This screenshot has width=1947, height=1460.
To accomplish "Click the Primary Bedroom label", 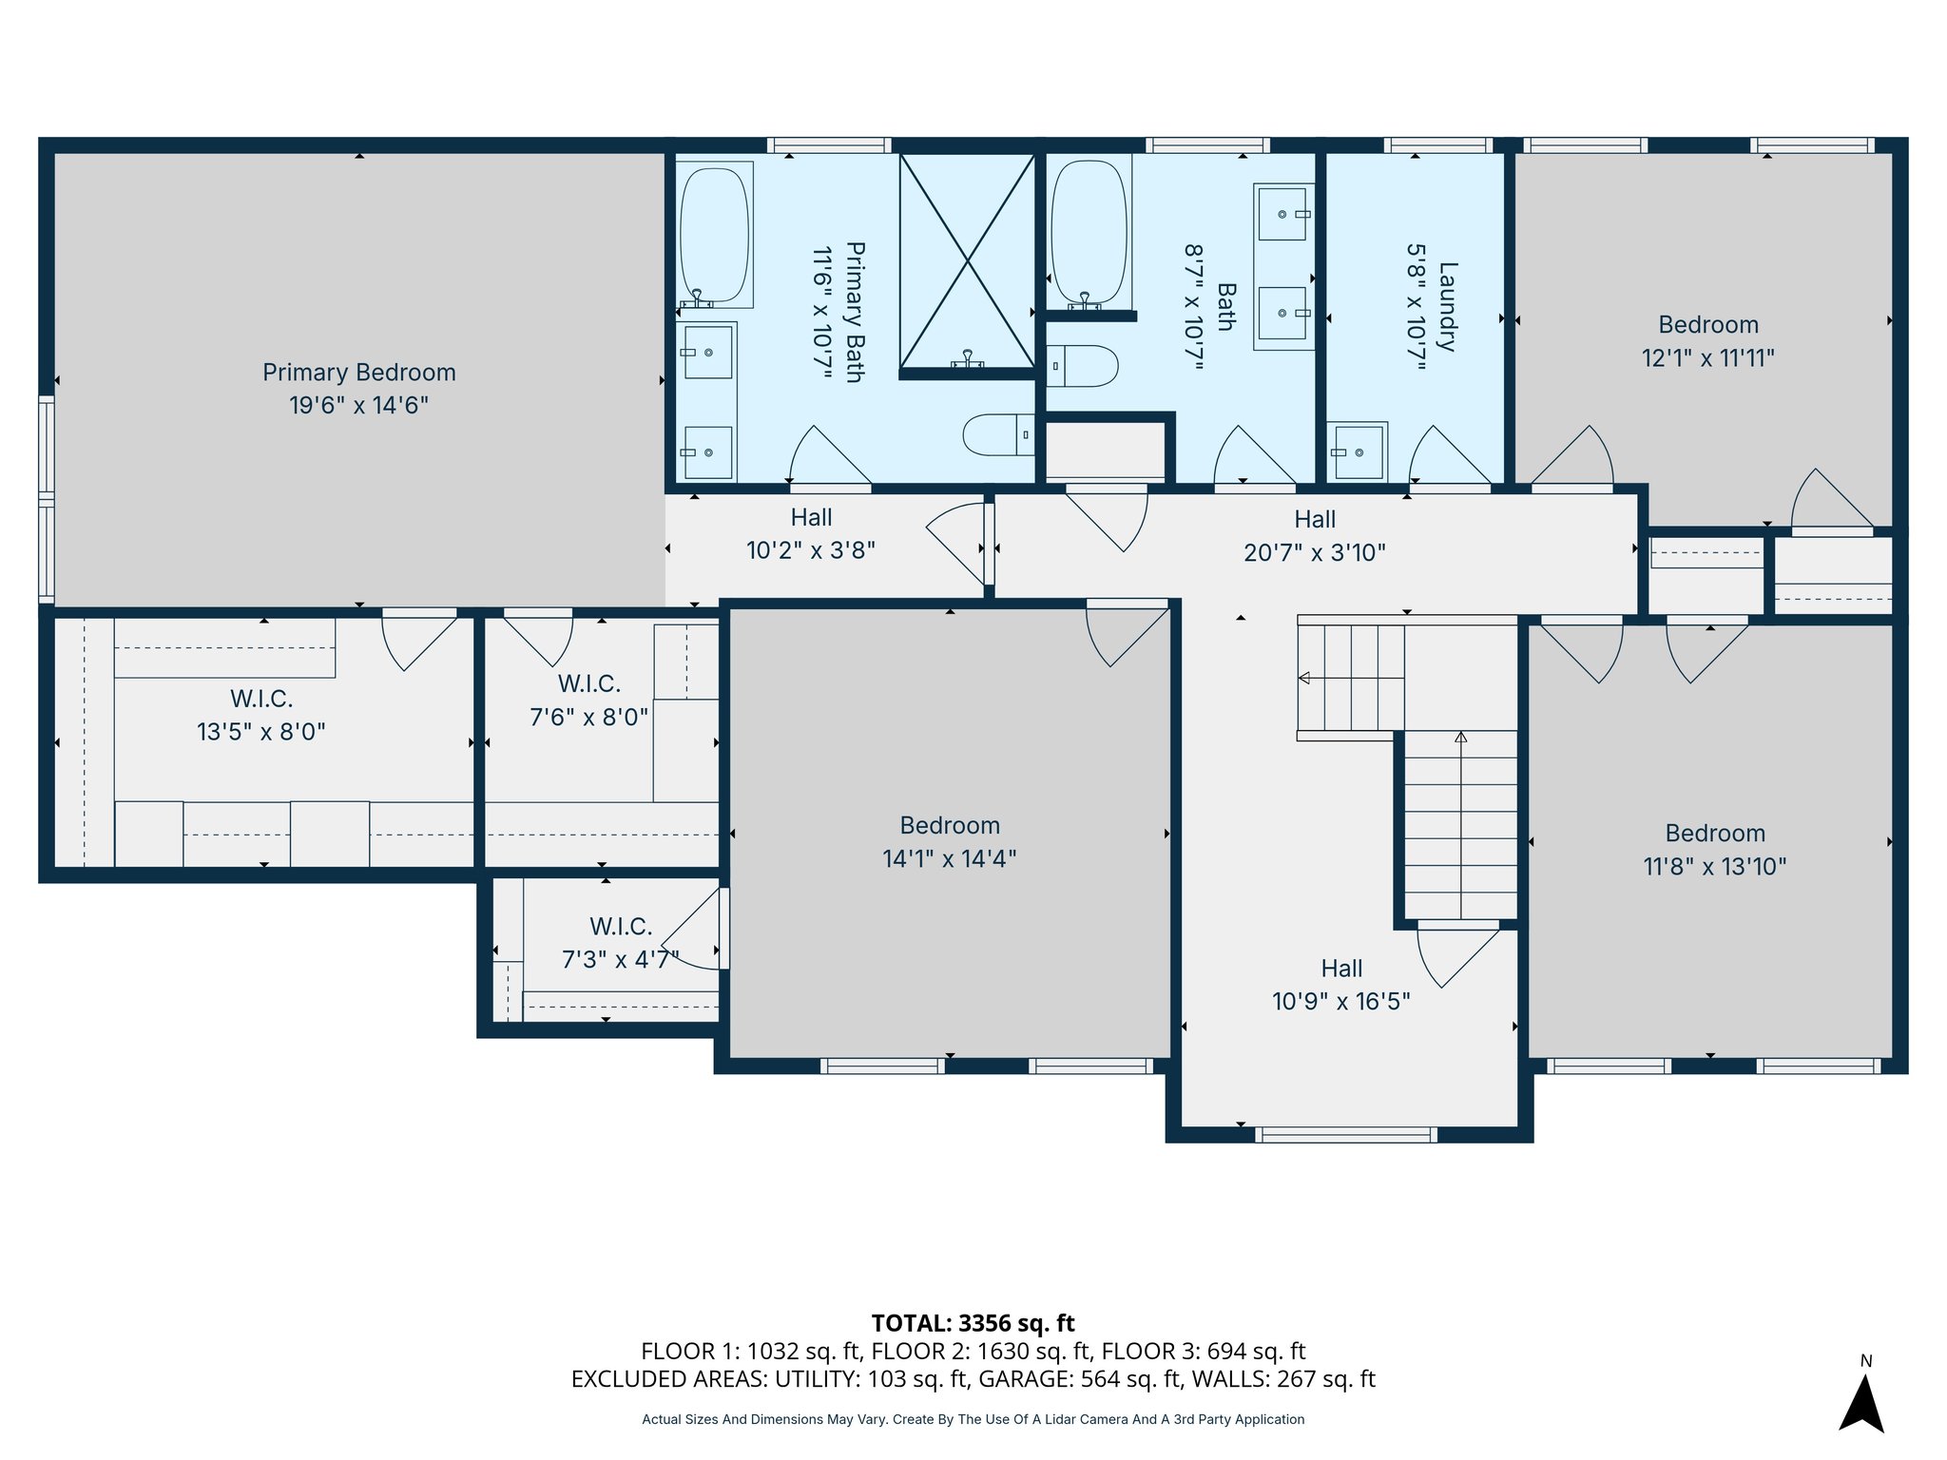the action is click(x=359, y=373).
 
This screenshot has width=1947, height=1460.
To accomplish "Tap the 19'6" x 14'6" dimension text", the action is click(x=359, y=406).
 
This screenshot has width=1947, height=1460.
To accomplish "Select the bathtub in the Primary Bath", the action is click(x=715, y=236).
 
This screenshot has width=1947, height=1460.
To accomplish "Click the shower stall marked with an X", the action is click(x=967, y=260).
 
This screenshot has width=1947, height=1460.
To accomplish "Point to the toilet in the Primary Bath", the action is click(x=998, y=434).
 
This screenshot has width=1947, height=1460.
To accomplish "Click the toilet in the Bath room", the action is click(x=1082, y=366).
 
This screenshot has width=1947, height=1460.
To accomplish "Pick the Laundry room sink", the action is click(x=1358, y=451).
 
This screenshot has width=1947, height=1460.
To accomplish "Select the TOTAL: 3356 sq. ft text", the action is click(x=973, y=1323).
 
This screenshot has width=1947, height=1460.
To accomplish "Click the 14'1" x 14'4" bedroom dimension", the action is click(x=950, y=859).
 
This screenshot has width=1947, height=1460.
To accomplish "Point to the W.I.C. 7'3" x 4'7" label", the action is click(x=621, y=943).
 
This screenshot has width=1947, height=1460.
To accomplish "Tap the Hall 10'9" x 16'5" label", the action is click(x=1341, y=985).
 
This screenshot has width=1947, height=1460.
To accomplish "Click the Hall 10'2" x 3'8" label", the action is click(x=811, y=534).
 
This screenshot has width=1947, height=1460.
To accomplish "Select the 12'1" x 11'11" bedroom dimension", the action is click(x=1708, y=358).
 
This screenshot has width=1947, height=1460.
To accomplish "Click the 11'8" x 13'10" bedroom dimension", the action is click(x=1715, y=867).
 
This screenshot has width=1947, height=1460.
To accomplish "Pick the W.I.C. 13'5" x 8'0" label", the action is click(x=261, y=716).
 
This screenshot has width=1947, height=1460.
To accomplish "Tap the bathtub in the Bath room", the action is click(x=1089, y=233).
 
